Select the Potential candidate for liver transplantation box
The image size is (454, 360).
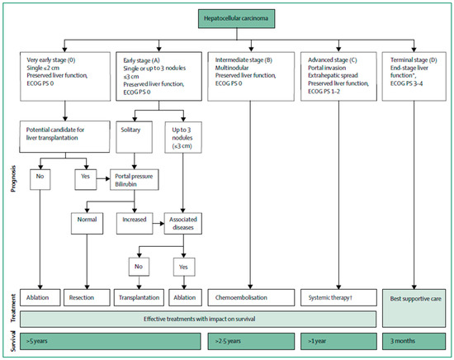pyautogui.click(x=64, y=133)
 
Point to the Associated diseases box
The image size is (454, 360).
pyautogui.click(x=188, y=222)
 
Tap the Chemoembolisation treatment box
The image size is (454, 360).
pyautogui.click(x=250, y=293)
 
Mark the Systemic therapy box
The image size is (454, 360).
pyautogui.click(x=338, y=293)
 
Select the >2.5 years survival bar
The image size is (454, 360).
pyautogui.click(x=250, y=339)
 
